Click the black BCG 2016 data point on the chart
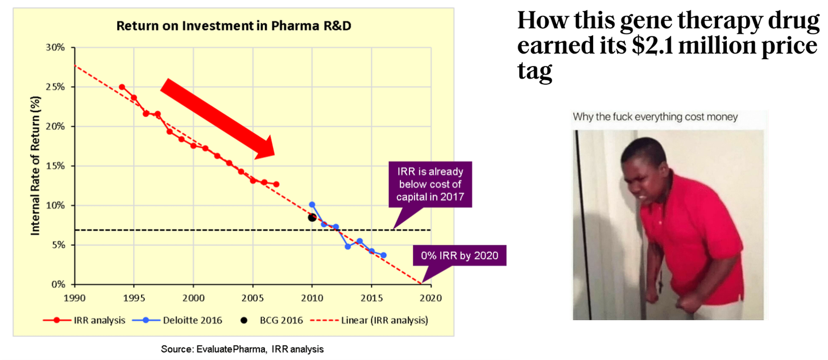312,218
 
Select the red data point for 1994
122,87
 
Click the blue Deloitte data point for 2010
312,204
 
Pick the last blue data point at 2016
383,255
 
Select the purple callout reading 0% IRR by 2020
459,256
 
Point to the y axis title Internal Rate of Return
35,165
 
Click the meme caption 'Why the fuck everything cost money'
655,117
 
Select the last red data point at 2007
276,184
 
